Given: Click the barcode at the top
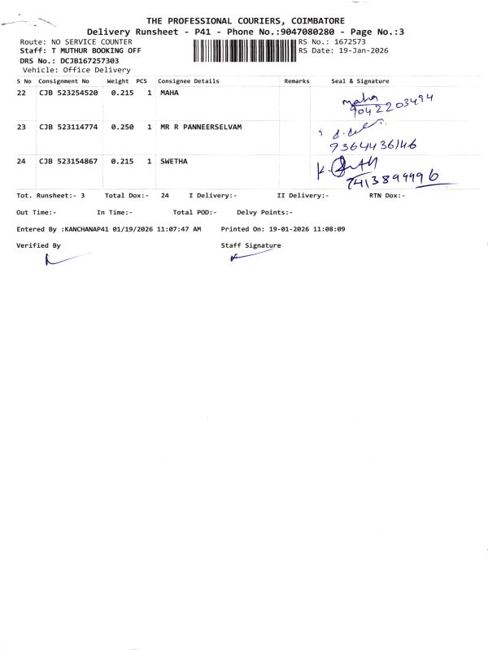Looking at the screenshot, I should [245, 50].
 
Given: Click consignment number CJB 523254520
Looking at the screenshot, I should [68, 93].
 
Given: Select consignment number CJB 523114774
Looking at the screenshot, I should [68, 127].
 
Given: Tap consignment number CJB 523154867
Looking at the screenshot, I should [68, 161].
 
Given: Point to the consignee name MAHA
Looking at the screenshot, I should [169, 93].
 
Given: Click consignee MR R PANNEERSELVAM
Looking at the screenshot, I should [201, 127].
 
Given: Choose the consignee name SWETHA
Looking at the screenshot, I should [174, 161].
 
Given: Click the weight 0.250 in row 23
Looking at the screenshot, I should [122, 127].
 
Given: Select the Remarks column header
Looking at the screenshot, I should [297, 81].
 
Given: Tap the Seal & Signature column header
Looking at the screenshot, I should [360, 81].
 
